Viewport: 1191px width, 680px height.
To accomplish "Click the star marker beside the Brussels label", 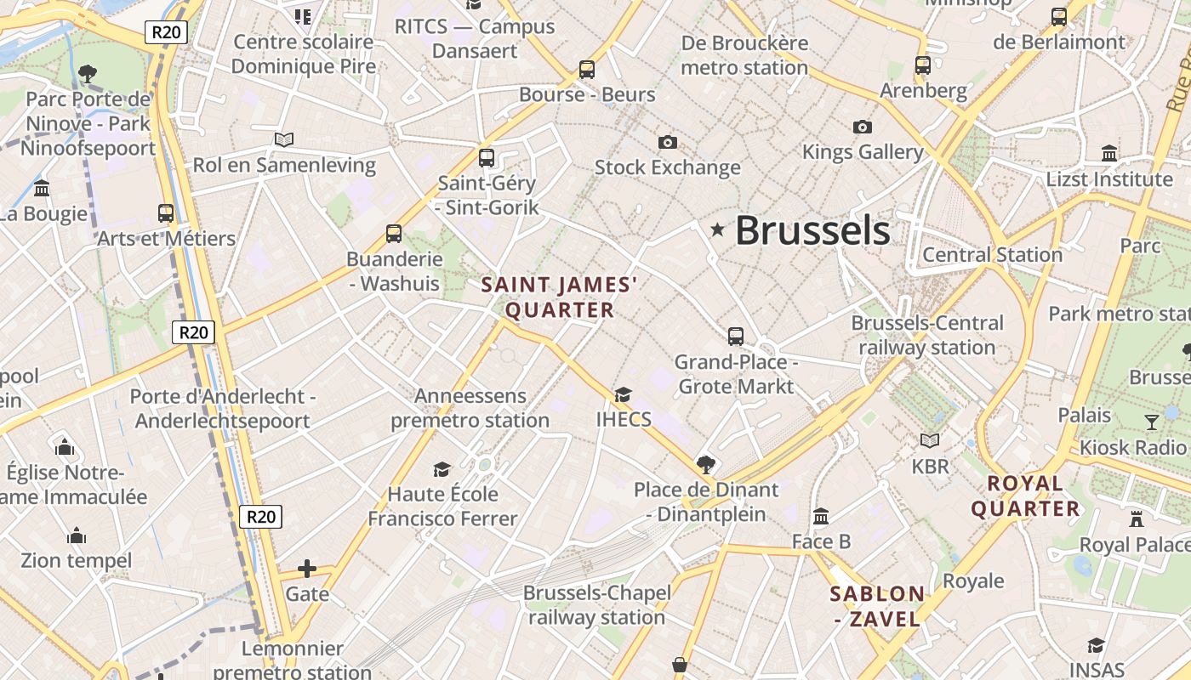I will point(717,229).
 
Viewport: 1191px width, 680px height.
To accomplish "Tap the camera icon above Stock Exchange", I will point(668,142).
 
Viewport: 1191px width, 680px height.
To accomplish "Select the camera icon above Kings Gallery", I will point(863,127).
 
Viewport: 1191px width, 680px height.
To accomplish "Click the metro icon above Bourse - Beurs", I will point(586,70).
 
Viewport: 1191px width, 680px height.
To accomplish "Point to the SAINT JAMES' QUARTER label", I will point(560,297).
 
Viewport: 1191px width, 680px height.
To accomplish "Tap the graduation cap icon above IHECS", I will point(624,394).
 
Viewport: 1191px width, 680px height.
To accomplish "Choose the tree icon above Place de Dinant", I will point(705,464).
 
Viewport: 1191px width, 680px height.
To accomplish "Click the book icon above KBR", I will point(930,440).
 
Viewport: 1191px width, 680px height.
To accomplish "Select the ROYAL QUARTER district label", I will point(1025,496).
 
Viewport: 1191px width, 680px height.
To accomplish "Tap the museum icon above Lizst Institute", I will point(1109,154).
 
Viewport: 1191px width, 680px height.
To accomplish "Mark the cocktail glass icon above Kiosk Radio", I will point(1152,422).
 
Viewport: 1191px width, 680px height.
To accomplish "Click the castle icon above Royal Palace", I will point(1136,518).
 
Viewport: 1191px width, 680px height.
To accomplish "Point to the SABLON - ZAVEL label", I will point(877,606).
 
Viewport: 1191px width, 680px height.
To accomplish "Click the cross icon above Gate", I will point(307,569).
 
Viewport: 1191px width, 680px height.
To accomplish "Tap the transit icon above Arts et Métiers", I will point(166,213).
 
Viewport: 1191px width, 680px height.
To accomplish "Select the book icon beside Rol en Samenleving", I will point(284,139).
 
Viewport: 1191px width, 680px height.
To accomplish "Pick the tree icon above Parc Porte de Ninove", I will point(87,74).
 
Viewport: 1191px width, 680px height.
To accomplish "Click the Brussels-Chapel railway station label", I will point(596,604).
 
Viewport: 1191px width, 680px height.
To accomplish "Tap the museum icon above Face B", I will point(821,516).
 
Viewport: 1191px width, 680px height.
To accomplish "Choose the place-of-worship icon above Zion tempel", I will point(77,535).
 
